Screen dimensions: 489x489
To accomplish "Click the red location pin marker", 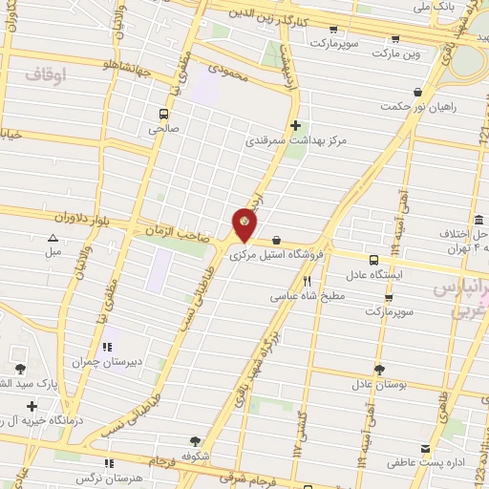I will point(245,224).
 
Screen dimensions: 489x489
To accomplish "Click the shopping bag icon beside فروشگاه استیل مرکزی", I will point(276,240).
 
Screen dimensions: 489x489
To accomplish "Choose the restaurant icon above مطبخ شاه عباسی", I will point(307,281).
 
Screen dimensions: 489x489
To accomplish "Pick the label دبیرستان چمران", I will point(107,362).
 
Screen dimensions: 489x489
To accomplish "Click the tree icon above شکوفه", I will point(196,441).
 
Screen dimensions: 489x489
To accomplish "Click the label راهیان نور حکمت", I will point(421,106).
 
